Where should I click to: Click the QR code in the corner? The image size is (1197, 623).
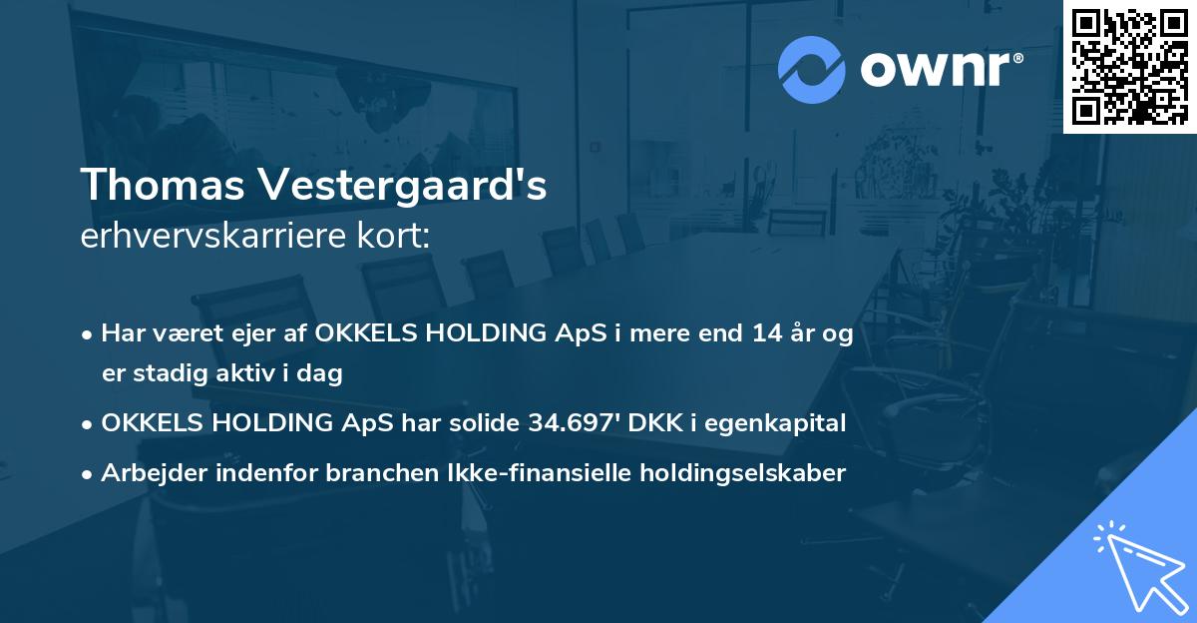1129,67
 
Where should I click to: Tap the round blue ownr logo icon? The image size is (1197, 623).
811,70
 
